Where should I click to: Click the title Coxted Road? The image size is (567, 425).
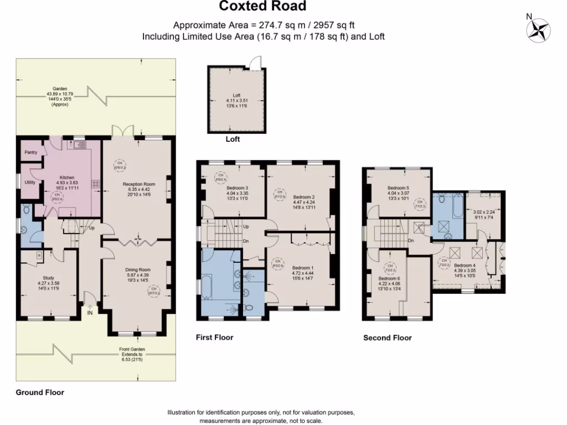pos(262,7)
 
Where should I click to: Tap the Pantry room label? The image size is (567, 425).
pos(30,152)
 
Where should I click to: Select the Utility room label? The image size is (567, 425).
pos(30,182)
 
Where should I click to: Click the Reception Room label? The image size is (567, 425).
pos(138,184)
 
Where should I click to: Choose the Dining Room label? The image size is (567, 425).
pos(137,269)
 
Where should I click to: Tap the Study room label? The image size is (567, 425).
pos(48,278)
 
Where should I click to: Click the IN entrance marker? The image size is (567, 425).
pos(90,313)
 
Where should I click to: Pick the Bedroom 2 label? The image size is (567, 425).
pos(303,197)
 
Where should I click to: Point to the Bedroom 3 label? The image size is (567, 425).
pos(237,188)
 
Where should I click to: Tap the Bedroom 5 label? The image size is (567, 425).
pos(398,188)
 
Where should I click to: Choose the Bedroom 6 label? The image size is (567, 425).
pos(389,278)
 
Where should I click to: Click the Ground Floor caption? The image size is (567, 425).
pos(39,392)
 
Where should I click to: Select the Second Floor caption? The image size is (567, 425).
pos(387,338)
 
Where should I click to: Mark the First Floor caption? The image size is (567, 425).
pos(215,337)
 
